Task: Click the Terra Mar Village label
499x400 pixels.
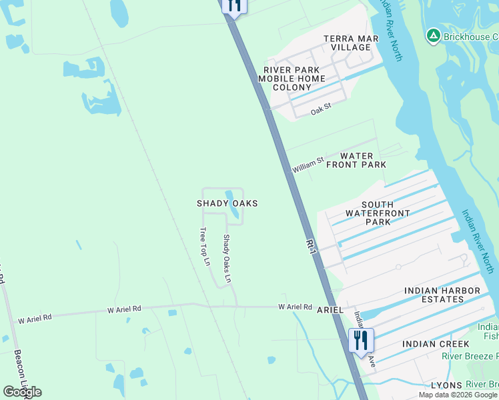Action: (351, 43)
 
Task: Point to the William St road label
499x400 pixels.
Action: (308, 165)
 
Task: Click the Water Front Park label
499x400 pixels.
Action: (356, 160)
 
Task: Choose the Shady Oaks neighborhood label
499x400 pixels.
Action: (227, 203)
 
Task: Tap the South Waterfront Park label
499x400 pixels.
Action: (377, 213)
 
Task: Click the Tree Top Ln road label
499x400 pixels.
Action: (205, 247)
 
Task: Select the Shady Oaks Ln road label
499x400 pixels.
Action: (227, 259)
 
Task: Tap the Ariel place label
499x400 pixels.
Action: (330, 311)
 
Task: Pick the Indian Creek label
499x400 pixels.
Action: (436, 344)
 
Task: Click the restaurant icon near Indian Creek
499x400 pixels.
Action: (360, 340)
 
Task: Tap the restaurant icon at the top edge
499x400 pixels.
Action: (234, 5)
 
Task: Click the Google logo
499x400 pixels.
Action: (22, 391)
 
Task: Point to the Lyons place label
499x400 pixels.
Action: (446, 386)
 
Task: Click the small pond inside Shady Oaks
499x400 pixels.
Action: (233, 205)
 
